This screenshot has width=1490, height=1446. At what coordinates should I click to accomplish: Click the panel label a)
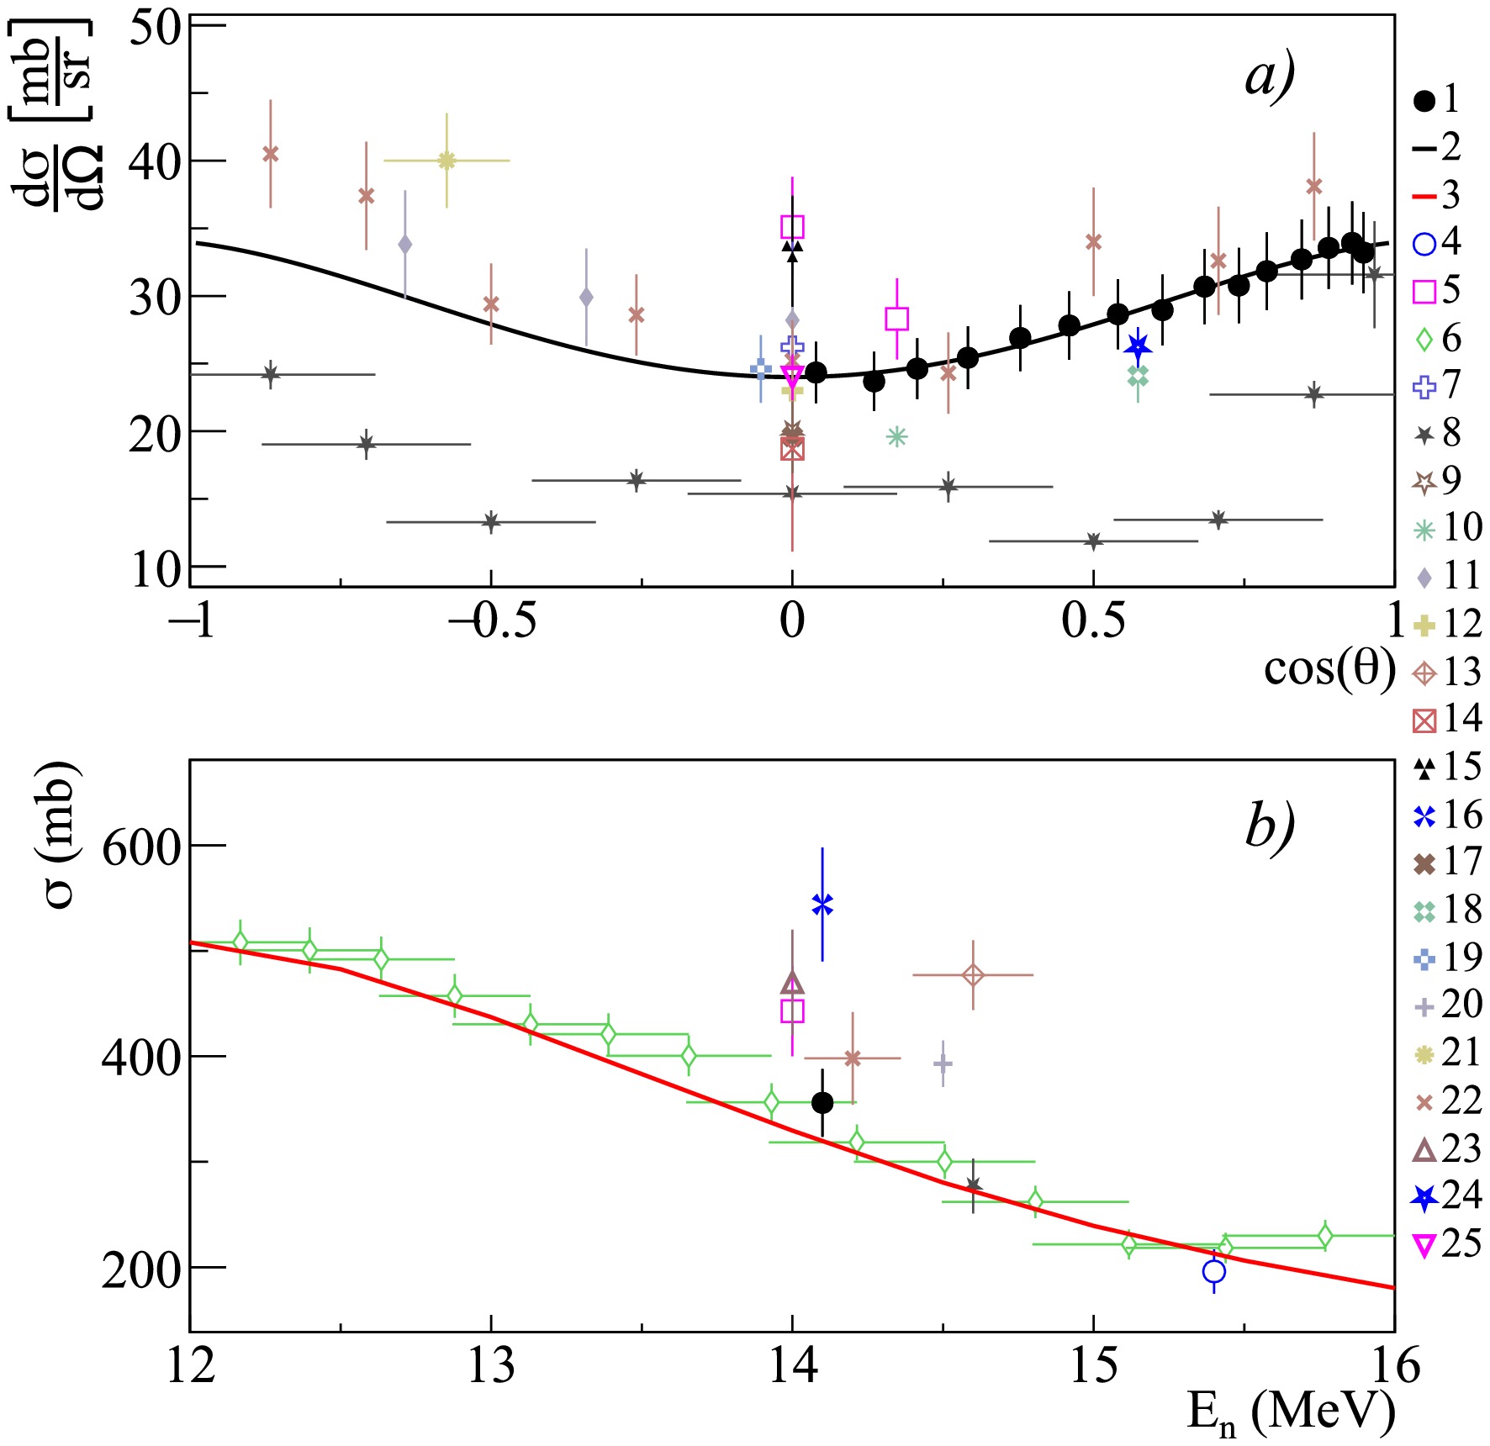coord(1270,78)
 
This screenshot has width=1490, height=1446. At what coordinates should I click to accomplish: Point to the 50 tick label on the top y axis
coord(156,27)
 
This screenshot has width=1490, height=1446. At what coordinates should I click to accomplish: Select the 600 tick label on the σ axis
coord(141,847)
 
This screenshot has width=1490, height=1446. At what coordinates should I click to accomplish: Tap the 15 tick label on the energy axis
coord(1093,1367)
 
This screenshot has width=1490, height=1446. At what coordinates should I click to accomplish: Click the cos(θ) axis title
coord(1329,670)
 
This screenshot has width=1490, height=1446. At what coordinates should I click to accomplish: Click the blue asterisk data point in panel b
coord(822,905)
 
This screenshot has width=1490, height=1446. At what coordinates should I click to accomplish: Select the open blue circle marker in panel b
coord(1213,1272)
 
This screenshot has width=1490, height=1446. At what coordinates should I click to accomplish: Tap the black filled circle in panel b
coord(822,1102)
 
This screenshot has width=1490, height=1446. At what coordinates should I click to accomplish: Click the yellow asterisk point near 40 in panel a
coord(446,160)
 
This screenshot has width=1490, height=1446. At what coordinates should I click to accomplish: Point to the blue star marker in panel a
coord(1138,346)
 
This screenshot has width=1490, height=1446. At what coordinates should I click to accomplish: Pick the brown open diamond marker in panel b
coord(973,975)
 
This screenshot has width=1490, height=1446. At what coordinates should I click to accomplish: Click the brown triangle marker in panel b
coord(792,983)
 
